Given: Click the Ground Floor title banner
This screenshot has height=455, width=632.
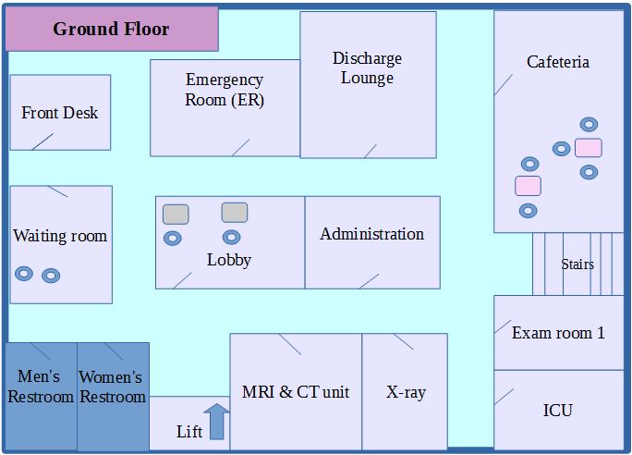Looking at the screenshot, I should [x=111, y=29].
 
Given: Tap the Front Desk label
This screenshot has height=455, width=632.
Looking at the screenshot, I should [x=60, y=113].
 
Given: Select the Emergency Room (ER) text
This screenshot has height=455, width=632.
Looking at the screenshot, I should [x=225, y=91].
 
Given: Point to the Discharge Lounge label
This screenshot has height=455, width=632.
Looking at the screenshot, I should [x=367, y=68].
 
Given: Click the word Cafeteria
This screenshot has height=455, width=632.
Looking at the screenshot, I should [x=557, y=62].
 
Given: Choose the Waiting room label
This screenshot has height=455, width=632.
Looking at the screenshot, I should [x=60, y=236].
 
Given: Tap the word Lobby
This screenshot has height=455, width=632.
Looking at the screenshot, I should [x=229, y=260].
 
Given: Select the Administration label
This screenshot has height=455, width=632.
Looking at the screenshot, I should [x=371, y=234].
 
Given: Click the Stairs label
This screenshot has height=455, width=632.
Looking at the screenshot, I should [x=577, y=264].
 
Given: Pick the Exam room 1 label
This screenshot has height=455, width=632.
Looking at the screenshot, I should [x=558, y=333].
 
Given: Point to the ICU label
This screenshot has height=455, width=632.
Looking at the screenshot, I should [x=557, y=410].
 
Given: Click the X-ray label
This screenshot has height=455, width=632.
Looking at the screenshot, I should [x=406, y=392].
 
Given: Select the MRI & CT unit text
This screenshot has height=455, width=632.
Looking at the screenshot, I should [x=296, y=392].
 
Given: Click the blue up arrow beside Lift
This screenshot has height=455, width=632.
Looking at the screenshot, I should [x=216, y=422].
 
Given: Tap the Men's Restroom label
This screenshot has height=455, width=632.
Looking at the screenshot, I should [x=41, y=387].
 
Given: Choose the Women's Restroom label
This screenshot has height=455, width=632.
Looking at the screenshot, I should [x=112, y=387].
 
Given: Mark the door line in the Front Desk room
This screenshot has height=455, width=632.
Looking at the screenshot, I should [x=42, y=141].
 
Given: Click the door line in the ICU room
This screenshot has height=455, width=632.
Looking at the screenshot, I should [x=504, y=396].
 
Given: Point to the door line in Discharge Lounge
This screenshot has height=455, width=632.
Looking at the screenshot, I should [x=371, y=151].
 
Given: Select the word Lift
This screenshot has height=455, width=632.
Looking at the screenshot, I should [x=188, y=432].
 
